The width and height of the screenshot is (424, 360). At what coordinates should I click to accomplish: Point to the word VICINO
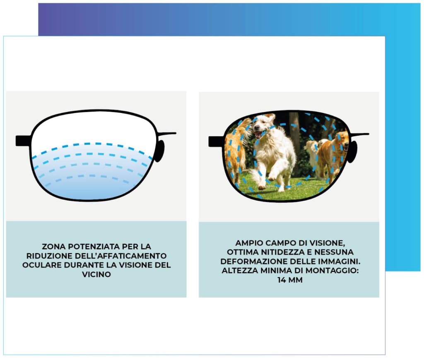pos(96,274)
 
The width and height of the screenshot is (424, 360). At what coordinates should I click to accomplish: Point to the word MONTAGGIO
pos(332,271)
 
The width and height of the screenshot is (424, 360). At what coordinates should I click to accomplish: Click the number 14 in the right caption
pos(282,280)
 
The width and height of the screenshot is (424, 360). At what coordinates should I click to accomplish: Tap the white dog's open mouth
pos(259,134)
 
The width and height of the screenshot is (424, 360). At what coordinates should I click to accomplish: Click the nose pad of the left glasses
pos(160,151)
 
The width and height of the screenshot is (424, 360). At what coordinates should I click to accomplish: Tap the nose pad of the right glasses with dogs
pos(353,152)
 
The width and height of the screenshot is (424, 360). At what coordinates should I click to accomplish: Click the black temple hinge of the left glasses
pos(23,141)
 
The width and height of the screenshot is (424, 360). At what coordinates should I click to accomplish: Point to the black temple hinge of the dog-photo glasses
pos(216,142)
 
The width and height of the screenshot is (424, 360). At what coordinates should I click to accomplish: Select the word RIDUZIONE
pos(49,256)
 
